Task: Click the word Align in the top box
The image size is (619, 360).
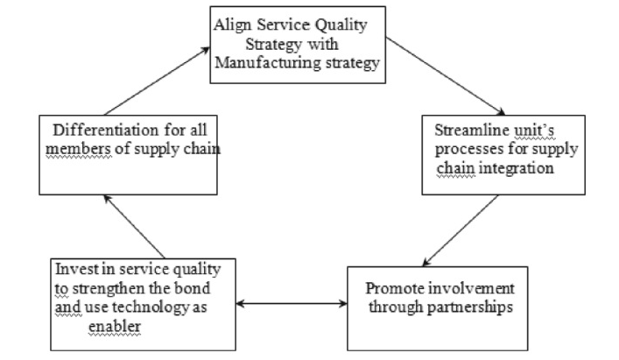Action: [x=233, y=25]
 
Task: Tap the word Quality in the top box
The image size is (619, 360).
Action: [x=341, y=25]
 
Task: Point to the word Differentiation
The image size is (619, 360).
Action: [x=105, y=130]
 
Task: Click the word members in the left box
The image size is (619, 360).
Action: [x=78, y=149]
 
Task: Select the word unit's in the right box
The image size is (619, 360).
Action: [x=534, y=130]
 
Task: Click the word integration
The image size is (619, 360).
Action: [x=517, y=168]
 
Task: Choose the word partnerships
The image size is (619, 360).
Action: [x=470, y=307]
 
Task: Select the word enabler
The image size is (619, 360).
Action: [x=115, y=327]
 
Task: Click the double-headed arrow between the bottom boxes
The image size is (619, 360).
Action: [x=292, y=304]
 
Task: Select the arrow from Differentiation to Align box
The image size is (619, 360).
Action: [x=157, y=81]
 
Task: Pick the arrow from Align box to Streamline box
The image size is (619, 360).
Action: [x=446, y=76]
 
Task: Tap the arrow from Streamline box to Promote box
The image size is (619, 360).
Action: [x=461, y=230]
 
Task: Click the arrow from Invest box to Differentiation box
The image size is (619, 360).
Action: [x=134, y=227]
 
